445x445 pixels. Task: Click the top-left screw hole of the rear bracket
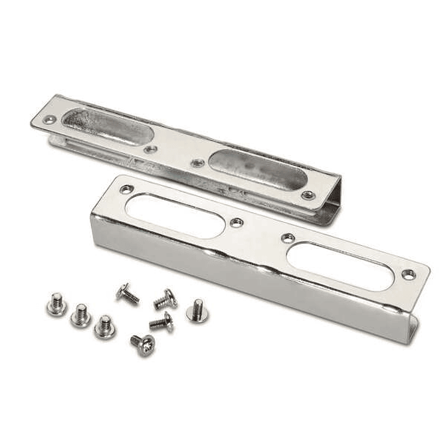(48, 120)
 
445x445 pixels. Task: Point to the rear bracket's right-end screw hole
(308, 194)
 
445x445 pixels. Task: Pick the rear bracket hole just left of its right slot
(197, 163)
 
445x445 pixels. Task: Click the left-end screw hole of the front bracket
(126, 189)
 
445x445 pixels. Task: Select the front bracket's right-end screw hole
(407, 273)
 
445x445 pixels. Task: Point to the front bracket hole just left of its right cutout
(287, 237)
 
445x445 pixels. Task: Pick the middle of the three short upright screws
(81, 315)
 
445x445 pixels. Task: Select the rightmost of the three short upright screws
(104, 326)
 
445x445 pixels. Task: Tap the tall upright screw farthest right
(197, 310)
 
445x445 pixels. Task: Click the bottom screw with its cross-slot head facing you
(144, 345)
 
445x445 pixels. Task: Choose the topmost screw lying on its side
(127, 293)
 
